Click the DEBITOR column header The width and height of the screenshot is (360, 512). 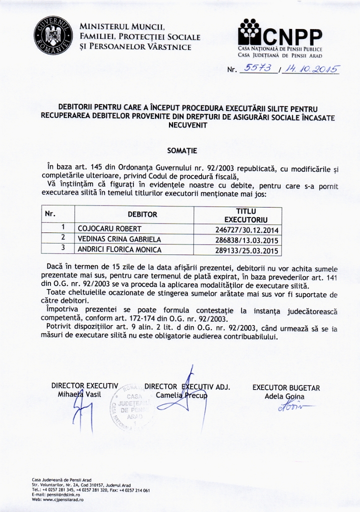point(142,214)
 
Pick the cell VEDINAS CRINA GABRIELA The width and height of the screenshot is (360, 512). point(119,239)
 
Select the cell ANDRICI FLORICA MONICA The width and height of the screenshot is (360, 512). point(119,248)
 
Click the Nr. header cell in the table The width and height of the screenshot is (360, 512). point(50,214)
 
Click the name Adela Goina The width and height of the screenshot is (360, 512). point(284,396)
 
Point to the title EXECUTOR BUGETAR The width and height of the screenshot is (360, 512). point(286,387)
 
